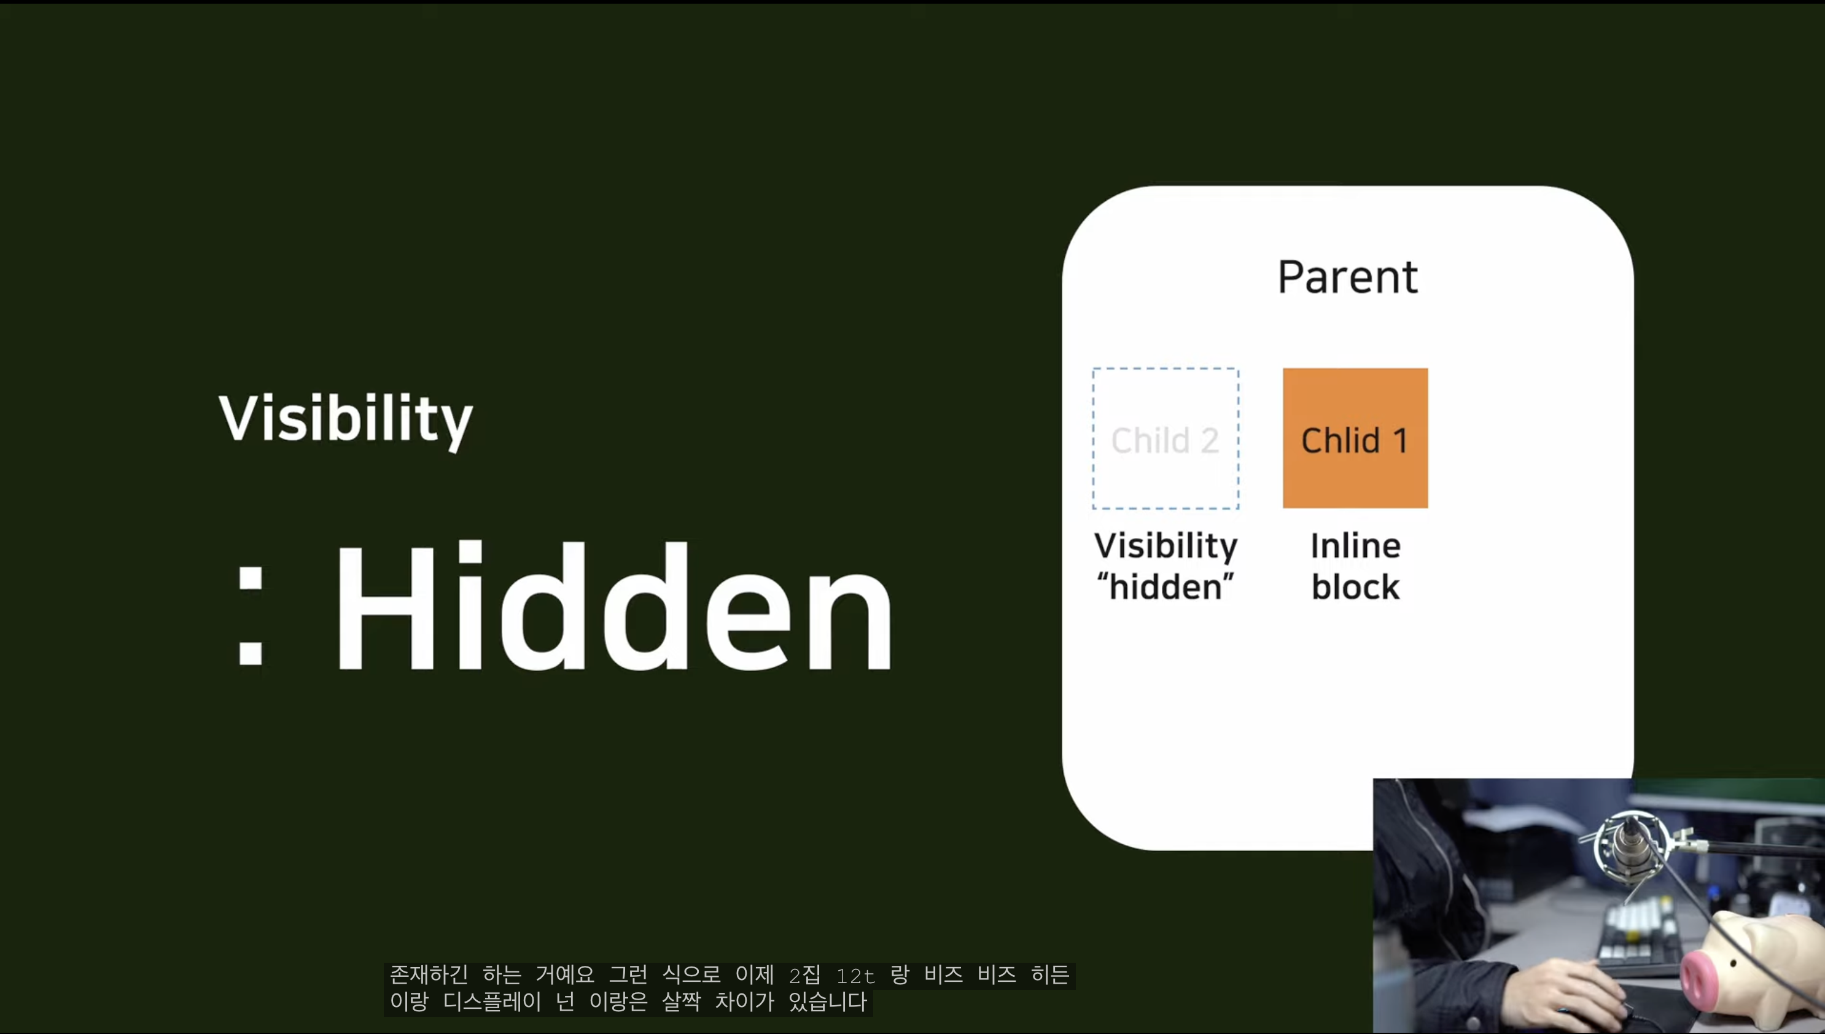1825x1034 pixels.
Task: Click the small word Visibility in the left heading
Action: click(x=345, y=419)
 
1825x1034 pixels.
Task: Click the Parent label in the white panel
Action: click(x=1347, y=276)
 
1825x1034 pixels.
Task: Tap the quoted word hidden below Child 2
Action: click(x=1165, y=586)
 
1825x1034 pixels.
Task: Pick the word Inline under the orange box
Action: click(x=1355, y=545)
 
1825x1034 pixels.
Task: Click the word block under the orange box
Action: click(x=1355, y=586)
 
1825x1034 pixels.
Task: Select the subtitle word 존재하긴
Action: click(x=428, y=974)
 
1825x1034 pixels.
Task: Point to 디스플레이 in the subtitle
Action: click(x=492, y=1002)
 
